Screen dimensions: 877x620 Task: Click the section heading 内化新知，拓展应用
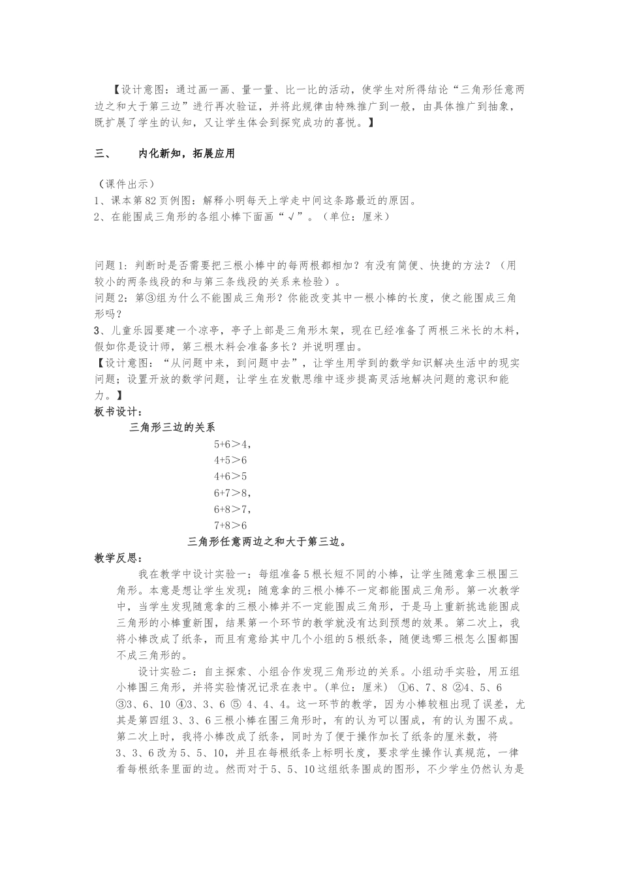click(186, 154)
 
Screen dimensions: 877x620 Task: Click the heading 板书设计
click(119, 412)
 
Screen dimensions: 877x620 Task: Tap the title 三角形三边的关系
click(172, 428)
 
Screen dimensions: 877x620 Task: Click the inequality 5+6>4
click(231, 444)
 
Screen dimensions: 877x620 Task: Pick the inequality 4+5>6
click(230, 461)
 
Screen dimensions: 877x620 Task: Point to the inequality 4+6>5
click(230, 477)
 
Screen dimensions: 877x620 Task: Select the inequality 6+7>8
click(231, 493)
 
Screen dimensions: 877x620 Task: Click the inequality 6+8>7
click(231, 510)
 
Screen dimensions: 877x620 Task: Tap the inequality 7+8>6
click(230, 526)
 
